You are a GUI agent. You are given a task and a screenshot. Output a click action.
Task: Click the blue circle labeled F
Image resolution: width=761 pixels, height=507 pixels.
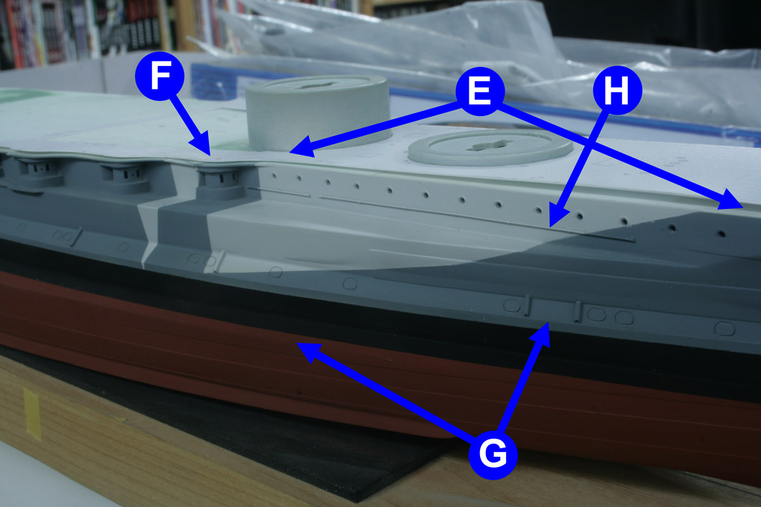(x=160, y=76)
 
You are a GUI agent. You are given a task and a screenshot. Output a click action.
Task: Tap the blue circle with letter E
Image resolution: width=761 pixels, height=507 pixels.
(x=479, y=91)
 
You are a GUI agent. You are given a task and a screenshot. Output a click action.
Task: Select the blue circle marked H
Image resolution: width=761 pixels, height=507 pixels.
(x=617, y=90)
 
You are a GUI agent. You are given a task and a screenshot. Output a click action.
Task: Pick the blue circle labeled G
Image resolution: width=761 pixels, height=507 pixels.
(x=493, y=454)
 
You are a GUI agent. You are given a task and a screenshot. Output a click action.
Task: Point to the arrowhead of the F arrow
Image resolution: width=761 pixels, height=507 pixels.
(x=202, y=145)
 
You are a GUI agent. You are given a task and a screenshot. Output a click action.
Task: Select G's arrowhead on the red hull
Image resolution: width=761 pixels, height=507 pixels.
(x=308, y=352)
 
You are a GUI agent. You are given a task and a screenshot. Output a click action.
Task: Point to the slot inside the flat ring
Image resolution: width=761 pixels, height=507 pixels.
(x=488, y=145)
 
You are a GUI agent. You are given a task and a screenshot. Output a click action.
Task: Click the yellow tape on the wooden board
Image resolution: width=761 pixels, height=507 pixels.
(x=32, y=414)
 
